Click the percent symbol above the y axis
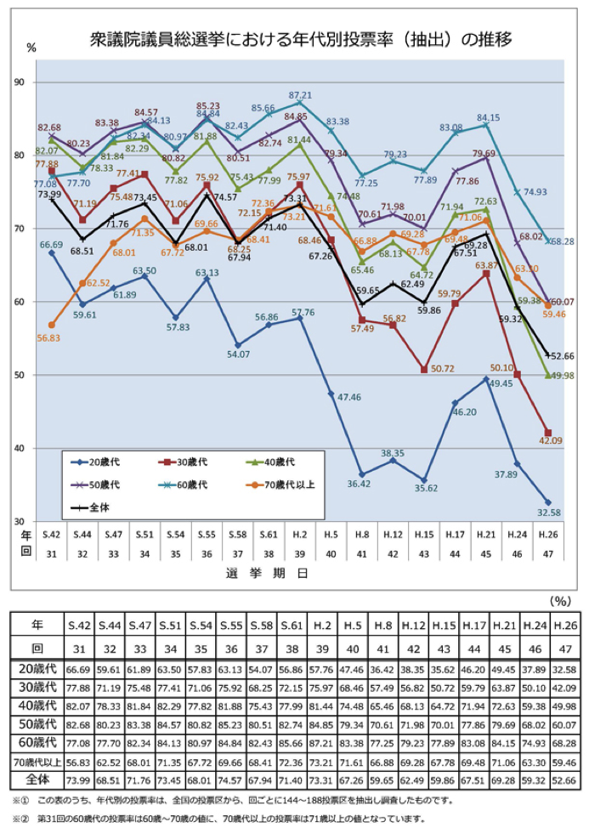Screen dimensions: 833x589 pyautogui.click(x=31, y=48)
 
